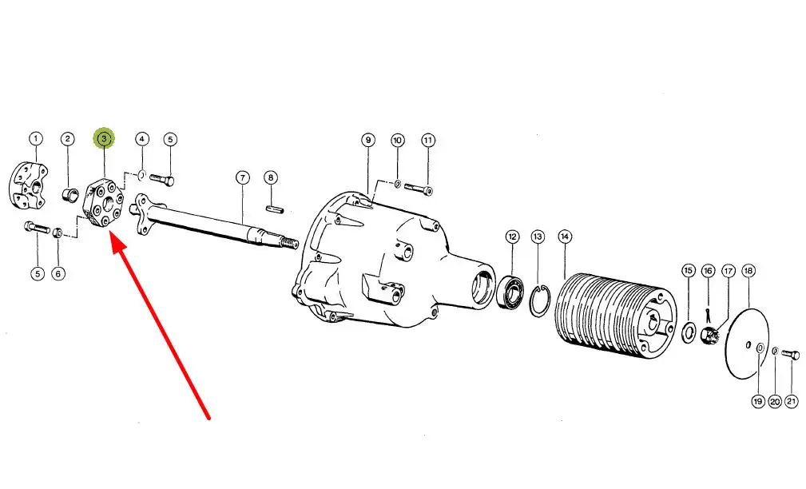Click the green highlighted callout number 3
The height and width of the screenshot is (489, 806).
105,138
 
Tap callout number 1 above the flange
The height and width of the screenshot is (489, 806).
35,138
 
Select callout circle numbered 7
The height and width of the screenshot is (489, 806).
243,178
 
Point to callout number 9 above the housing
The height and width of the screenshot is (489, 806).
367,140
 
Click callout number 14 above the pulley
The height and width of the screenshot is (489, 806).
565,237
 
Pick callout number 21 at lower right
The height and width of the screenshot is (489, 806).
792,401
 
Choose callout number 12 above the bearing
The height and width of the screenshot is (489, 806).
512,237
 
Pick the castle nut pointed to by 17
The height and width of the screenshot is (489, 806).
709,337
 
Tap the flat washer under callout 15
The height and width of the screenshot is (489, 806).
689,332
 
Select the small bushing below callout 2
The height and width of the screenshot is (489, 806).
67,195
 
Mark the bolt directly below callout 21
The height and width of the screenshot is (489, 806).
791,355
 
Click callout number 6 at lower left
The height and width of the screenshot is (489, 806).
58,273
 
